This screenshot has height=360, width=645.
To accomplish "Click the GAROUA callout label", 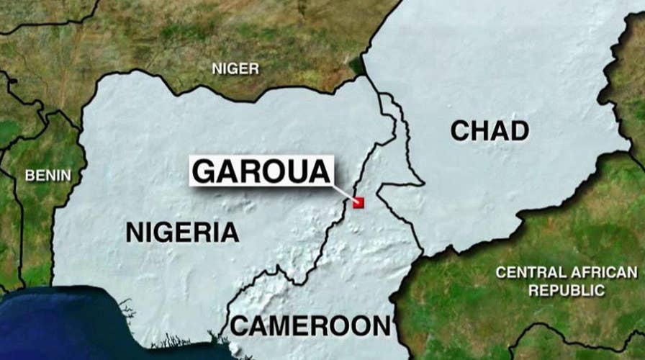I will click(263, 171).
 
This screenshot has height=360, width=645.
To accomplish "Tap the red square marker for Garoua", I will click(358, 203).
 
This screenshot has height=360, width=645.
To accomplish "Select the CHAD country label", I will click(490, 130).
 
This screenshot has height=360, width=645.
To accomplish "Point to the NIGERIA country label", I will click(182, 232).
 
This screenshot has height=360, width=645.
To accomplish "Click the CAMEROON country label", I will click(311, 325).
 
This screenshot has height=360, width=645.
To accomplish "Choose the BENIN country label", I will click(48, 175).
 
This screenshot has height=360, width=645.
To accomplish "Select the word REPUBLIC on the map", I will click(567, 290).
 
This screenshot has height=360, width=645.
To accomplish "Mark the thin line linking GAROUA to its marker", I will click(343, 192).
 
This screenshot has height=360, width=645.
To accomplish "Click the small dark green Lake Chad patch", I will click(358, 66).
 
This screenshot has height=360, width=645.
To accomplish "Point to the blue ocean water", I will click(58, 324).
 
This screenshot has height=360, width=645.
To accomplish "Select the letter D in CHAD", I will click(518, 130).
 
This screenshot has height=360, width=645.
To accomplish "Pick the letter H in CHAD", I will click(479, 130).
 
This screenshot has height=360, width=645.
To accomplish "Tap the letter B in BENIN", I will click(30, 175).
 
